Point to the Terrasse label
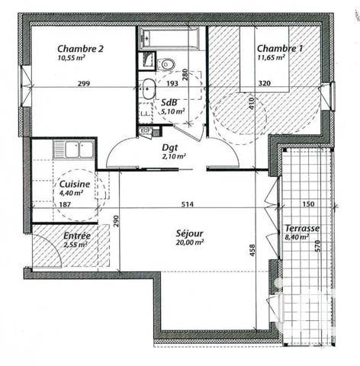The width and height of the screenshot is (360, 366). [x=301, y=228]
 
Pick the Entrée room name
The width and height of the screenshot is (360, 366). [x=76, y=236]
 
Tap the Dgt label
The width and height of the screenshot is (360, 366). [x=169, y=148]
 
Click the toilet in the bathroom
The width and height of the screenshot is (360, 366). [x=167, y=63]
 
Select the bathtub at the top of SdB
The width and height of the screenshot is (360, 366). [x=169, y=36]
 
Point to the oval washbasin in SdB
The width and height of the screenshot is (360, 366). [x=146, y=85]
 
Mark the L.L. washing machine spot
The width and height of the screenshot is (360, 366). [x=144, y=114]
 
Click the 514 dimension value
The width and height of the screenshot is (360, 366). [x=197, y=204]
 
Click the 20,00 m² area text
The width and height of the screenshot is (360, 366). [x=188, y=242]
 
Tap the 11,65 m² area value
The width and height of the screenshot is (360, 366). [x=271, y=56]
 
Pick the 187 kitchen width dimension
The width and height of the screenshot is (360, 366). [x=66, y=204]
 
